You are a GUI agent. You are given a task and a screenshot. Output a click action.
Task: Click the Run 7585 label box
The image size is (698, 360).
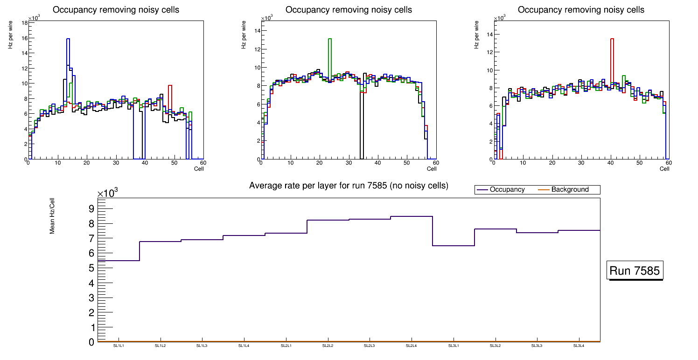635,270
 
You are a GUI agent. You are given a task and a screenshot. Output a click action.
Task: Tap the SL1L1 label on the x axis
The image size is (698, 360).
118,346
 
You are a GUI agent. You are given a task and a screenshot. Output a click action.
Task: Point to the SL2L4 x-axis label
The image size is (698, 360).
411,346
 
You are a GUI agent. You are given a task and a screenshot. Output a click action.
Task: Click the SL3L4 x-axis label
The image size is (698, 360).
579,346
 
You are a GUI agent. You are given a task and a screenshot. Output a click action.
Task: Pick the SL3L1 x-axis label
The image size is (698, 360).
453,346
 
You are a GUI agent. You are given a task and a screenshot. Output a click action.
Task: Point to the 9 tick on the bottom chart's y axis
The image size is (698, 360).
91,208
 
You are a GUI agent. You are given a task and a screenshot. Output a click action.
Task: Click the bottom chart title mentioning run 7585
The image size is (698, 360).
349,186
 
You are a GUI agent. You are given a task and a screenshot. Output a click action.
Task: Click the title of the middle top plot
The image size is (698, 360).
349,10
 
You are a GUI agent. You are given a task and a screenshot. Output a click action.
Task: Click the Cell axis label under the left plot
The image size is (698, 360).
199,168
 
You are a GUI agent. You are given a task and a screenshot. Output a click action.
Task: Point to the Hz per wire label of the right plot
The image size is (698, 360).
477,35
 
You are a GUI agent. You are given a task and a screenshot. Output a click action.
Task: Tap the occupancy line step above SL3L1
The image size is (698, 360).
453,246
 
